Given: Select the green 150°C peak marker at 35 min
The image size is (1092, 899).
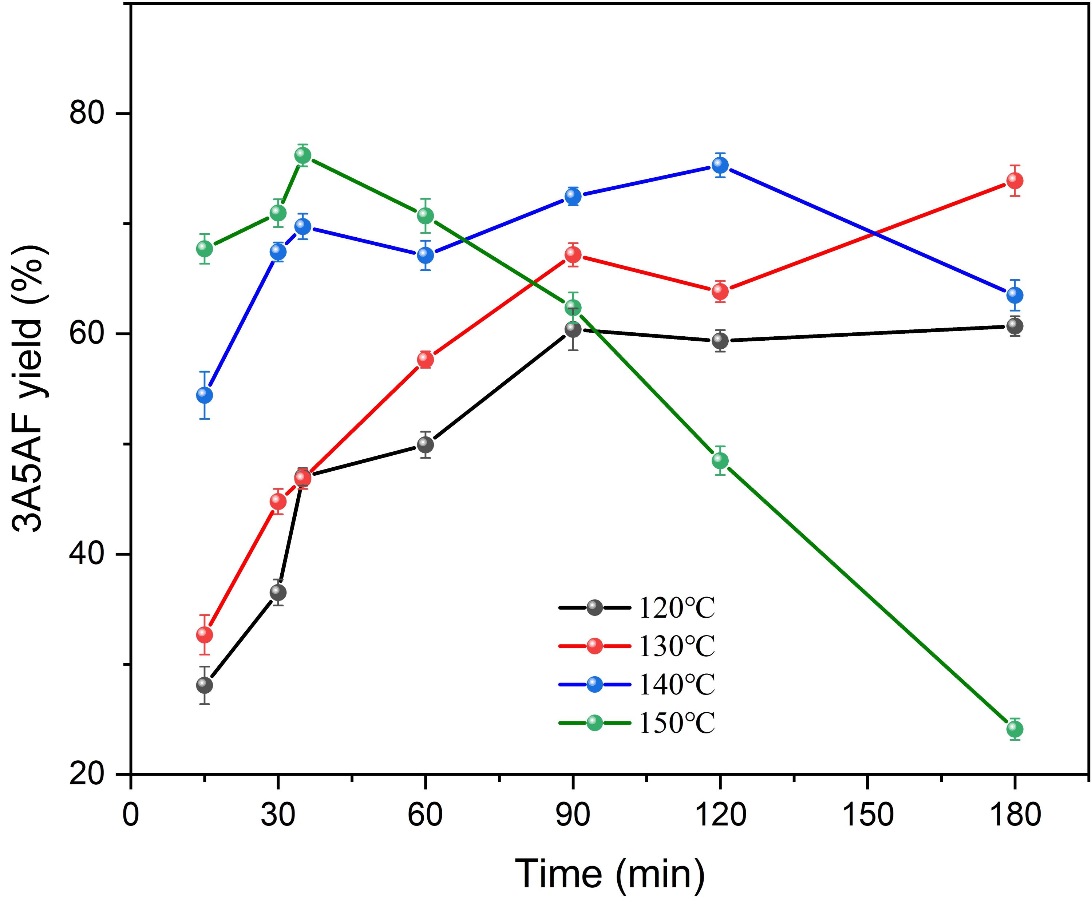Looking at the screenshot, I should [x=303, y=155].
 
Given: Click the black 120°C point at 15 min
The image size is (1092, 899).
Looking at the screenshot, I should [x=205, y=685].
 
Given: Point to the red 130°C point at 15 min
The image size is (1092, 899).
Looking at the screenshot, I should [x=205, y=634].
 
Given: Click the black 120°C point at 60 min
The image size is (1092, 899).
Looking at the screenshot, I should [x=425, y=444].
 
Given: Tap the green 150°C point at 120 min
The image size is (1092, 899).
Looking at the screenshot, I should [x=720, y=460].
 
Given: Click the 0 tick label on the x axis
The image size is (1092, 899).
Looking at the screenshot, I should [x=131, y=815].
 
